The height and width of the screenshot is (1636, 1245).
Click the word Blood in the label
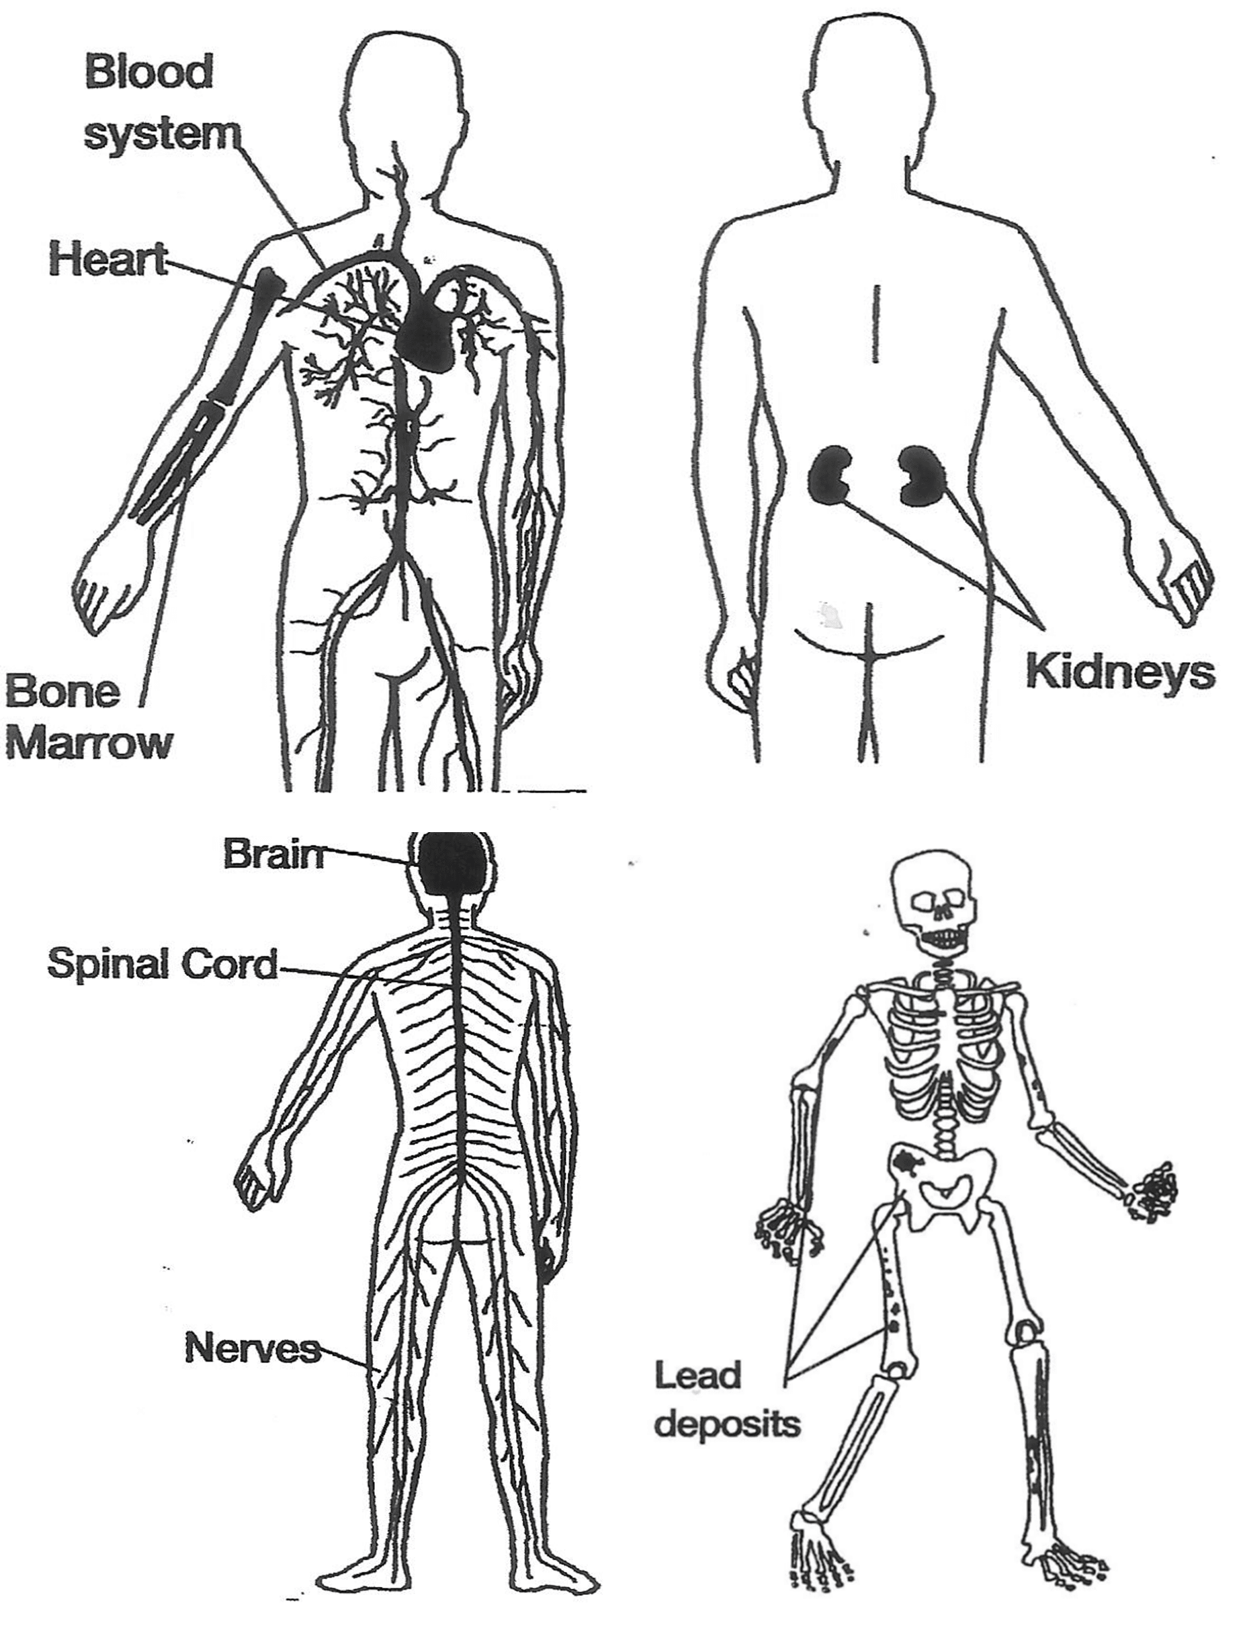click(149, 72)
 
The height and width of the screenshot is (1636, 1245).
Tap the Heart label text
click(108, 260)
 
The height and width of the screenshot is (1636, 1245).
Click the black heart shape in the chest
click(425, 333)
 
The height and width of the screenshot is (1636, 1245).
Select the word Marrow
click(89, 743)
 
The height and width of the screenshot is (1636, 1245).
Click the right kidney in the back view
click(922, 475)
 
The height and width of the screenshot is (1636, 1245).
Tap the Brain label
click(273, 855)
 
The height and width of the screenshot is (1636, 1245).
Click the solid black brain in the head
click(451, 864)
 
